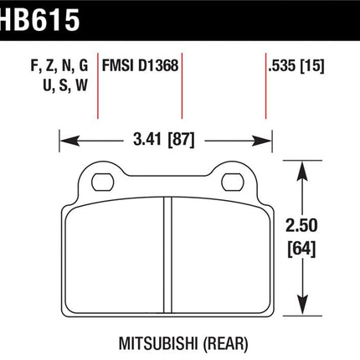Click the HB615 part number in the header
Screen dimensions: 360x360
pos(39,19)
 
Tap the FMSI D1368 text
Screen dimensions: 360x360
pos(140,66)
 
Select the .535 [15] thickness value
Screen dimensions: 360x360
pos(296,66)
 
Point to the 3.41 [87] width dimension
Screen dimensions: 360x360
pos(164,140)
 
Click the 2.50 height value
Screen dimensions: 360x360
pos(301,225)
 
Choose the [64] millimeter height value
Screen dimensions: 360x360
pos(301,249)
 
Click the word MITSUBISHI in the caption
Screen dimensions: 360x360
pos(158,343)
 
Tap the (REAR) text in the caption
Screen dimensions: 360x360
pos(225,344)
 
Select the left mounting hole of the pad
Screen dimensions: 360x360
pos(103,183)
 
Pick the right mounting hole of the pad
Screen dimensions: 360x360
pos(233,183)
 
